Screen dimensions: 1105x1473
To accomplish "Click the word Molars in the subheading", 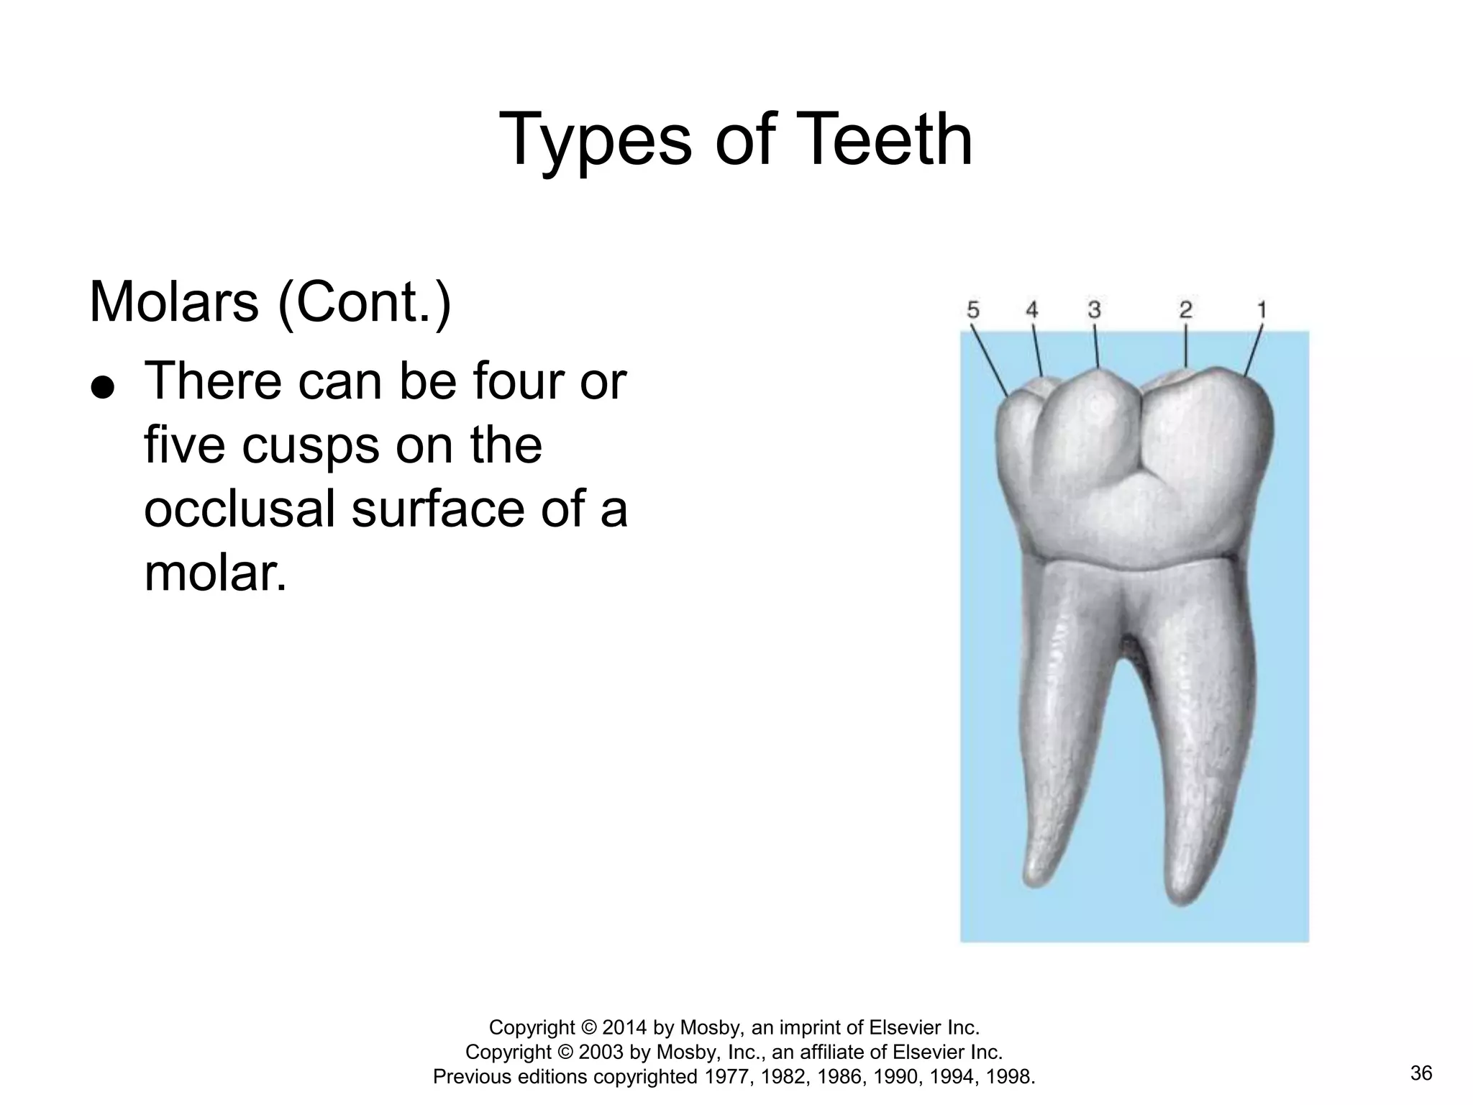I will (173, 302).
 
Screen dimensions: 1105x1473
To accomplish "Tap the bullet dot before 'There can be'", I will (103, 388).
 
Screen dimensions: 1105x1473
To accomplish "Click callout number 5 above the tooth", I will (972, 310).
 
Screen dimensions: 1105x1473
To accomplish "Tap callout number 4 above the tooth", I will (1031, 310).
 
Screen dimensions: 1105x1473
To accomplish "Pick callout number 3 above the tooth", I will (1094, 310).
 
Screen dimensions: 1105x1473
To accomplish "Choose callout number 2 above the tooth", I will (1185, 310).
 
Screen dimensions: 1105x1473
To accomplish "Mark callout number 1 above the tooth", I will (1261, 310).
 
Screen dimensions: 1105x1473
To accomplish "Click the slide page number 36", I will (1421, 1074).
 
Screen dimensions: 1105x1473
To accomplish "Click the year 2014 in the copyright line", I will (625, 1027).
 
